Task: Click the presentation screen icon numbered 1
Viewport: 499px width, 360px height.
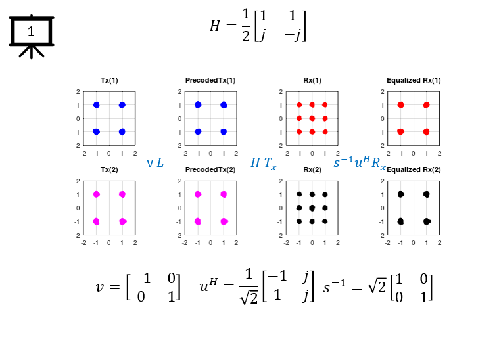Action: pos(31,36)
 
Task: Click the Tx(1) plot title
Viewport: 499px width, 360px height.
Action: pos(109,80)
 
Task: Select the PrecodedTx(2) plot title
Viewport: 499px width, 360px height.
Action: pos(210,170)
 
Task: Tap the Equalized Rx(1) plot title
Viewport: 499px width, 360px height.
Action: pos(414,80)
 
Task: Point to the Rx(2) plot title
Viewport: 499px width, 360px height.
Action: pos(312,170)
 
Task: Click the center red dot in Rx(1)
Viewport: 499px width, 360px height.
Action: pos(312,118)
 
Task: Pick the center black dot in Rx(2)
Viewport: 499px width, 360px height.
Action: pos(312,208)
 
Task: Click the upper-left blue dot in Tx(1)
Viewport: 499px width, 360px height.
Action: pos(97,105)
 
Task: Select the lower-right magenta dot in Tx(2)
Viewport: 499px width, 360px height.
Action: pos(122,221)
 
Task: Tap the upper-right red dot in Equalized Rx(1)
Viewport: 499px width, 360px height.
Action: pos(427,105)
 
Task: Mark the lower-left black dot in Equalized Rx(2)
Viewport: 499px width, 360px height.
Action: pos(400,221)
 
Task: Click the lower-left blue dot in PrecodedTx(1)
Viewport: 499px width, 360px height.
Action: pos(198,131)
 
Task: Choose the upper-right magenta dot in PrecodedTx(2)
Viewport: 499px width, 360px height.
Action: pos(224,194)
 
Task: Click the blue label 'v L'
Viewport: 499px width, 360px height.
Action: pos(155,163)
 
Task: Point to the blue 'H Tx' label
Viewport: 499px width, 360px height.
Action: pos(264,163)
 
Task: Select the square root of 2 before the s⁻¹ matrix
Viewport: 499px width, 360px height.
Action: pos(377,287)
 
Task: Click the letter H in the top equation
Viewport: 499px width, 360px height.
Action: pos(215,26)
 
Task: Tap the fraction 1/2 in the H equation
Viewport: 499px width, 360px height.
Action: pos(246,25)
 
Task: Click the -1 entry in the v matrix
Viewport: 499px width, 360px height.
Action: pos(141,279)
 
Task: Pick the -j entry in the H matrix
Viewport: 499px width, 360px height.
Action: pos(293,35)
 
